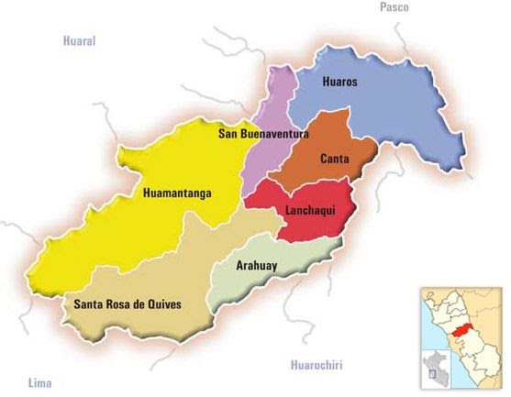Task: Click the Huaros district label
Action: pyautogui.click(x=339, y=82)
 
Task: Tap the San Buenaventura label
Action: pyautogui.click(x=262, y=134)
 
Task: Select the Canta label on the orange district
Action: pyautogui.click(x=334, y=160)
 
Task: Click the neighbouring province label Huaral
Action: pyautogui.click(x=79, y=41)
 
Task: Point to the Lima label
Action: pyautogui.click(x=39, y=380)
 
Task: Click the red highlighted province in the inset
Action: pyautogui.click(x=462, y=328)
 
